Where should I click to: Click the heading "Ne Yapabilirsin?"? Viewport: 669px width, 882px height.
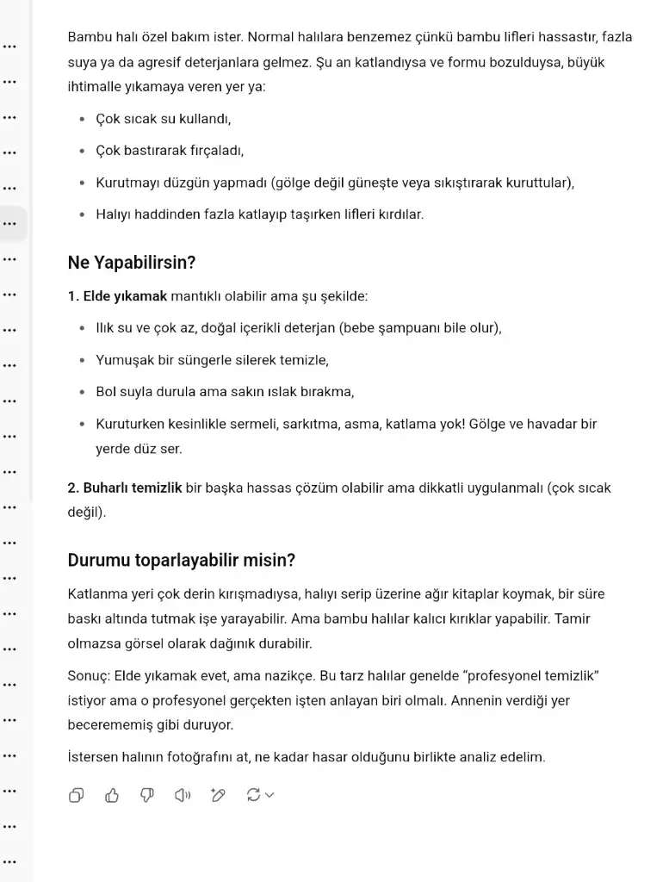click(x=132, y=263)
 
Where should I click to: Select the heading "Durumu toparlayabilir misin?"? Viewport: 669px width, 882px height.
click(x=182, y=560)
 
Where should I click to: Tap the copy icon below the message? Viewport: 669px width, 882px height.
click(x=76, y=795)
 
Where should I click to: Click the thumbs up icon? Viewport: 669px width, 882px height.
click(x=111, y=795)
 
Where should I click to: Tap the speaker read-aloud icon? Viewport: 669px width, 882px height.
click(x=183, y=795)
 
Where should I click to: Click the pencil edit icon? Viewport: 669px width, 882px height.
click(x=218, y=795)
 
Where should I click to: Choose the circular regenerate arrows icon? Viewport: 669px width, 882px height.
click(x=254, y=795)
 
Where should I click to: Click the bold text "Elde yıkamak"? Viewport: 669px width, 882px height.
click(x=124, y=296)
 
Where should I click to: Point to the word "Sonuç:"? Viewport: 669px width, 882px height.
click(x=88, y=675)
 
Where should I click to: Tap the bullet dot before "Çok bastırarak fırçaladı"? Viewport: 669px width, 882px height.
click(x=82, y=151)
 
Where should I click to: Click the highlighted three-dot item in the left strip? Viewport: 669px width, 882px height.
click(x=9, y=224)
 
